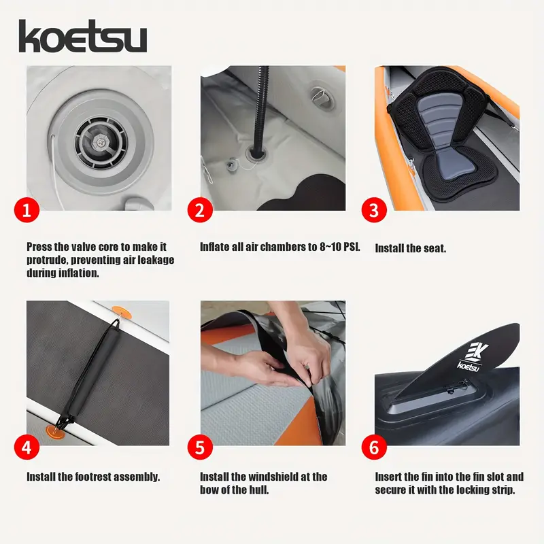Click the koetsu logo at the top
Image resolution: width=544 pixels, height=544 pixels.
pos(82,36)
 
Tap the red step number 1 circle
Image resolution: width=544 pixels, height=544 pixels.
pos(27,210)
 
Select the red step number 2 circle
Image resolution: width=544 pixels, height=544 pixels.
pos(200,210)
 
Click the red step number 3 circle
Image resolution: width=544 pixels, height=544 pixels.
pos(374,210)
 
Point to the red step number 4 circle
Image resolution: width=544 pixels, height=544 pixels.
pos(27,447)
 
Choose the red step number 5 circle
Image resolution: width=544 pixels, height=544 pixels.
pos(200,447)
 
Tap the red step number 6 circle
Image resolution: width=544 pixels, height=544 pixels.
pos(374,447)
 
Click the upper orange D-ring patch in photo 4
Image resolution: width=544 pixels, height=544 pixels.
pos(122,311)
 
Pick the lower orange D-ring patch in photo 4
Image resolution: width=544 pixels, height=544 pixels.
pos(56,432)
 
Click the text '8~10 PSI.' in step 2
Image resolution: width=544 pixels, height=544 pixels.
pos(340,247)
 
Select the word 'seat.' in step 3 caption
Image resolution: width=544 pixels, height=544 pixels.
pos(435,248)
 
